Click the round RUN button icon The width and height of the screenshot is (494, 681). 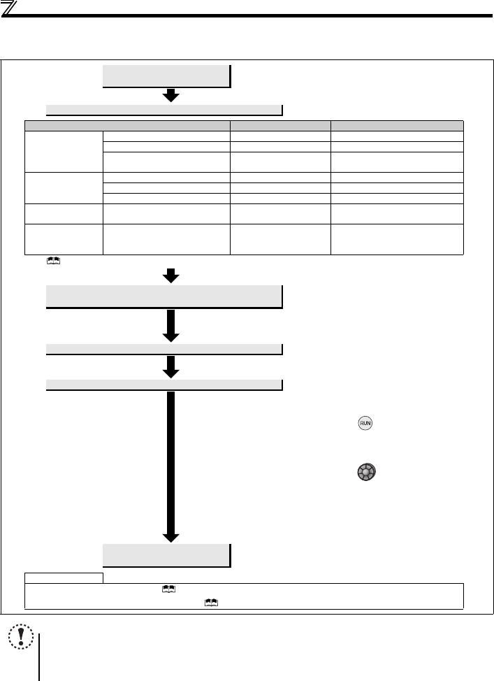(365, 423)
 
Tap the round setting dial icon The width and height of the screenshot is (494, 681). (365, 473)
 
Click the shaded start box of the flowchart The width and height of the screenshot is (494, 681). (166, 76)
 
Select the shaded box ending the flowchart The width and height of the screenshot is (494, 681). (166, 555)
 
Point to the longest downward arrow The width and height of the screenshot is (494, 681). (170, 465)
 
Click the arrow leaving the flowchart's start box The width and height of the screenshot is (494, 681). (170, 96)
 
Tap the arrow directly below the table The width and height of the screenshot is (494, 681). (170, 276)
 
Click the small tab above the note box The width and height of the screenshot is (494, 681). (64, 578)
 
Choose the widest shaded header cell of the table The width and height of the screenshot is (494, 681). (129, 125)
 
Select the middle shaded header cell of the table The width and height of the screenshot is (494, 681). (281, 125)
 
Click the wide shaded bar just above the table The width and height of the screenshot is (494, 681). (164, 109)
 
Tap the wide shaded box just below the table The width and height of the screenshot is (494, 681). (164, 296)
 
